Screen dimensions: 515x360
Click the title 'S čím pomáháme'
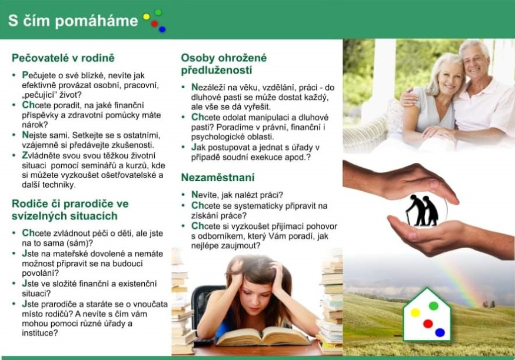pyautogui.click(x=73, y=21)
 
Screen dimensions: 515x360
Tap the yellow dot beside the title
pyautogui.click(x=147, y=16)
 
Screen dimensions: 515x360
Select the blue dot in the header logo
pyautogui.click(x=162, y=29)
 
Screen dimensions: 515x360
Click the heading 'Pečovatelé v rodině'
pyautogui.click(x=63, y=58)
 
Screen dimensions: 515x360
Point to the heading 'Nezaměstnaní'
pyautogui.click(x=218, y=178)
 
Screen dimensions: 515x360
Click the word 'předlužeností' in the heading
pyautogui.click(x=217, y=70)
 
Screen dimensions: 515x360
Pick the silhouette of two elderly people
pyautogui.click(x=422, y=211)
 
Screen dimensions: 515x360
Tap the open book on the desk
pyautogui.click(x=263, y=336)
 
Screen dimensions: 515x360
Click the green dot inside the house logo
pyautogui.click(x=434, y=306)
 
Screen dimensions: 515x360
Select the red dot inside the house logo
pyautogui.click(x=428, y=324)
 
